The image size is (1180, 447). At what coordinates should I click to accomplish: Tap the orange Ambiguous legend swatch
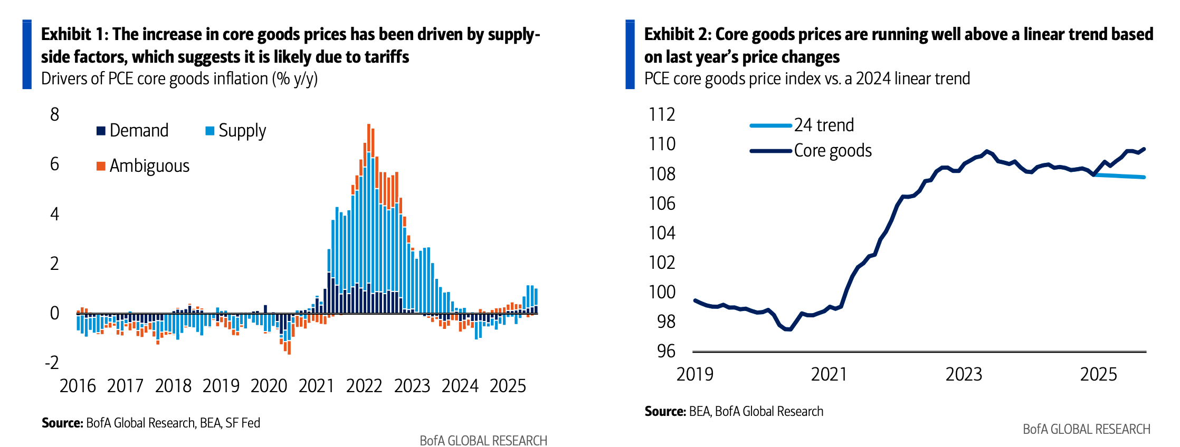tap(101, 166)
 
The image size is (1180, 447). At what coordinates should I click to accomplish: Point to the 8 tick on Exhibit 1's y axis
tap(54, 114)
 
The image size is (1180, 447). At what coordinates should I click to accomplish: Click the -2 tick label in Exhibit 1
tap(52, 363)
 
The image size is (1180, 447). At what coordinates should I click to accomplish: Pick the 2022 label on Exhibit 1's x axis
tap(364, 386)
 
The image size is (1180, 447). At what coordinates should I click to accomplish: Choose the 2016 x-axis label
tap(78, 386)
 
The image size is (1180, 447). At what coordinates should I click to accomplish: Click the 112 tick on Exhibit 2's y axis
tap(662, 114)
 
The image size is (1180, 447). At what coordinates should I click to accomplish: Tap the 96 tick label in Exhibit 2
tap(666, 351)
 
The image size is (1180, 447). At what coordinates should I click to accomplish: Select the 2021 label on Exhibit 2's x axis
tap(829, 374)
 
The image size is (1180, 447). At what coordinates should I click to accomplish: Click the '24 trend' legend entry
tap(824, 125)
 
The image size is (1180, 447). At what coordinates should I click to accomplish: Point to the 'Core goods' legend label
tap(833, 151)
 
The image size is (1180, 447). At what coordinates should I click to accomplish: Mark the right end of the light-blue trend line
tap(1144, 177)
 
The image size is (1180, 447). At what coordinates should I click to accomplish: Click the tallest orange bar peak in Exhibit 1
tap(368, 125)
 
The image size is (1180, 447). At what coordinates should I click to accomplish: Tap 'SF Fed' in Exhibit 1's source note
tap(243, 423)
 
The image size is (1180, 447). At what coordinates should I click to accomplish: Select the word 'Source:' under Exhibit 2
tap(665, 411)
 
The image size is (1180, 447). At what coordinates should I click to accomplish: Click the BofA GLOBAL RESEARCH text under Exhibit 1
tap(483, 441)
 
